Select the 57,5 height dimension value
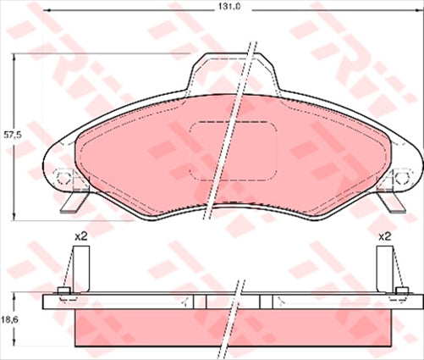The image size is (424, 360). click(10, 135)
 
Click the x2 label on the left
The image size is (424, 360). click(81, 236)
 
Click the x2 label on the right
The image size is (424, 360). click(384, 236)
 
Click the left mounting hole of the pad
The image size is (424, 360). click(64, 178)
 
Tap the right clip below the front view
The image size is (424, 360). click(392, 202)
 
